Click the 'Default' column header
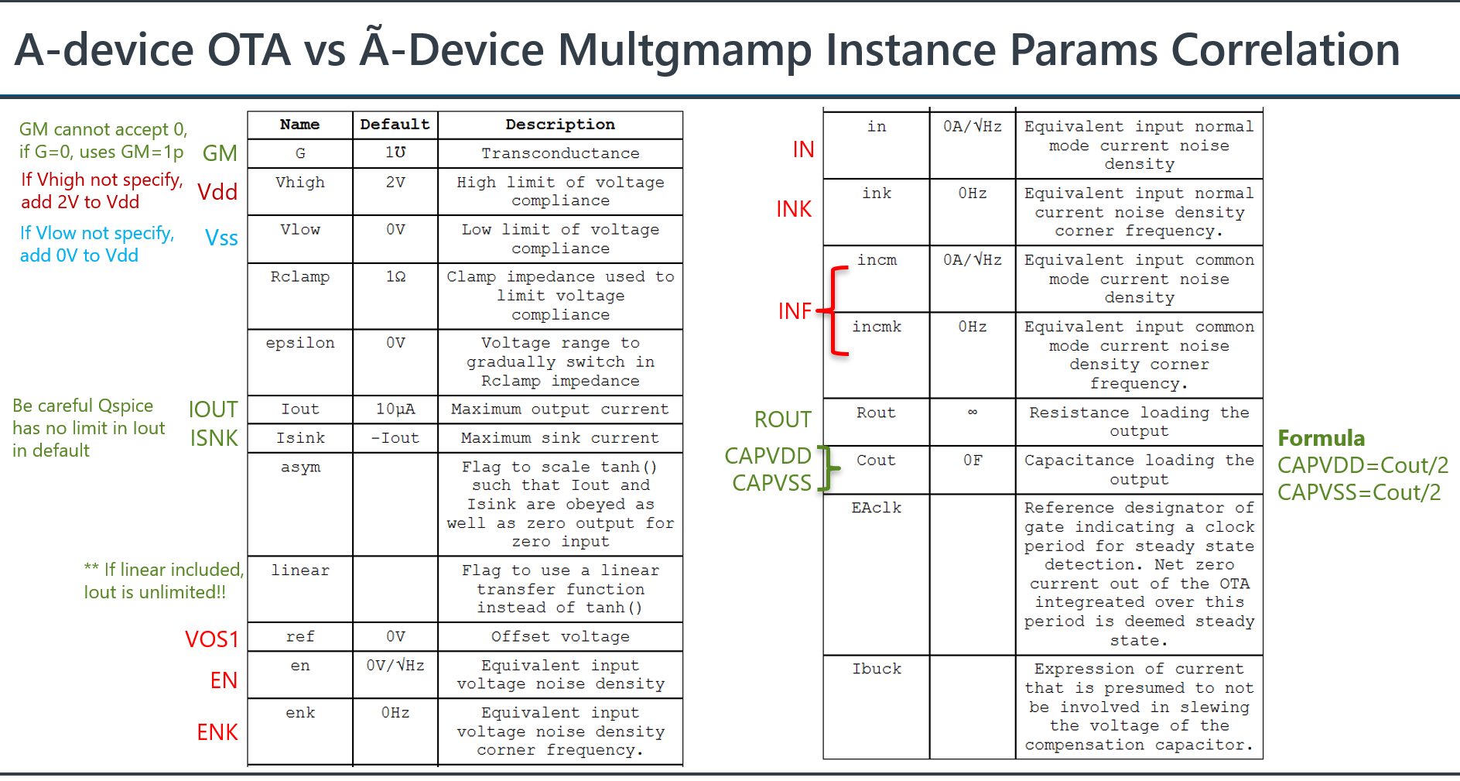(395, 125)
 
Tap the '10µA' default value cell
(395, 409)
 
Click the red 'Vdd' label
(217, 192)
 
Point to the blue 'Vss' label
(221, 238)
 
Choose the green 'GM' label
(220, 153)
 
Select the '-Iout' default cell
(395, 438)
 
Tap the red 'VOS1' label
(211, 639)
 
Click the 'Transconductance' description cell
(560, 153)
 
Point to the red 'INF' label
(795, 311)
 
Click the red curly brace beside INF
(836, 311)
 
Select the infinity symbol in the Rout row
(973, 413)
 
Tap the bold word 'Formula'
(1321, 438)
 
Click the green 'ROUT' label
(782, 420)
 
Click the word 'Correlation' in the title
(1285, 50)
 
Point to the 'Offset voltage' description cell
(560, 637)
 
